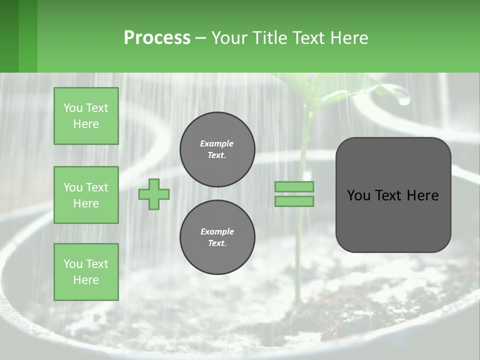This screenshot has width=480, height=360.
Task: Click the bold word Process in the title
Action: pyautogui.click(x=157, y=37)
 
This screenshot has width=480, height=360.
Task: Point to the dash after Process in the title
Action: pyautogui.click(x=200, y=38)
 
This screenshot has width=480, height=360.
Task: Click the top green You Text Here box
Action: pyautogui.click(x=86, y=116)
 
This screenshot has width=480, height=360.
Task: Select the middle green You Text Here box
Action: pyautogui.click(x=86, y=195)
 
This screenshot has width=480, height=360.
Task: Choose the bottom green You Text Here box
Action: pyautogui.click(x=86, y=271)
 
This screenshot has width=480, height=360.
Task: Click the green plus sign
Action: pyautogui.click(x=154, y=194)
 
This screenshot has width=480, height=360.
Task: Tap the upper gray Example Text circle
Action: pyautogui.click(x=217, y=149)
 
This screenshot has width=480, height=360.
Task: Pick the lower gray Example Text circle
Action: pyautogui.click(x=217, y=237)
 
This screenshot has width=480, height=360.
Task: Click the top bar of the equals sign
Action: pyautogui.click(x=294, y=186)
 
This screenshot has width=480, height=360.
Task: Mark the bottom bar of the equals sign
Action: pyautogui.click(x=294, y=201)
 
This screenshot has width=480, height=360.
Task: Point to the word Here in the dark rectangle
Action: pyautogui.click(x=422, y=195)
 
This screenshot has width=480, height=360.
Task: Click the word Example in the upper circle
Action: pyautogui.click(x=217, y=143)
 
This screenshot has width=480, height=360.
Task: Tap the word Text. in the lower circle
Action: pyautogui.click(x=217, y=243)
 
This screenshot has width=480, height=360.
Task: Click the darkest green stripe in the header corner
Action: pyautogui.click(x=9, y=36)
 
